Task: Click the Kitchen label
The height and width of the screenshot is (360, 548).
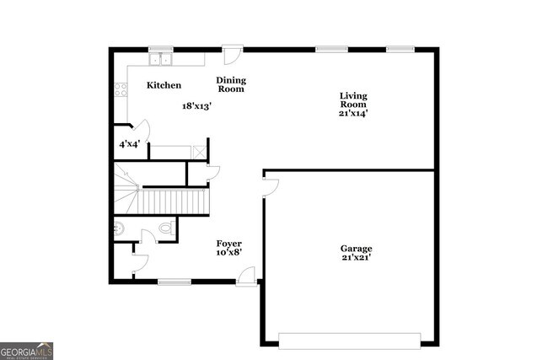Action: point(164,85)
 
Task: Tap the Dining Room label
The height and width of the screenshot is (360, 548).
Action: point(232,84)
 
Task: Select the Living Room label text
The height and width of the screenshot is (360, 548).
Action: point(353,99)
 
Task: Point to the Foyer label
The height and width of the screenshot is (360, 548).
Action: point(229,244)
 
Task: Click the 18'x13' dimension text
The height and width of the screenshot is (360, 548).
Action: point(196,106)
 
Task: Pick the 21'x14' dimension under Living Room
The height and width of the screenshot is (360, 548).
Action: point(353,112)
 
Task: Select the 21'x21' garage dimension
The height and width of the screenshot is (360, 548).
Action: point(356,258)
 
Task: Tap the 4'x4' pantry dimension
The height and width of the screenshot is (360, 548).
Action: point(129,144)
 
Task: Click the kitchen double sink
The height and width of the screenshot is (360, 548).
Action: point(160,59)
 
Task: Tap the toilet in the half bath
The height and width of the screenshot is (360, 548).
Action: point(165,228)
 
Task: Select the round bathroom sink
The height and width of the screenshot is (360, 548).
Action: point(119,228)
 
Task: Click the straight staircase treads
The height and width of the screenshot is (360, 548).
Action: point(173,201)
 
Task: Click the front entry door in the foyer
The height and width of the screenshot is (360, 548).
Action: point(246,276)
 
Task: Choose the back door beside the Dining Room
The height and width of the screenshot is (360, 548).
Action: point(233,53)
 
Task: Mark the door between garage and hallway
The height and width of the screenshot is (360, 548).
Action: point(271,186)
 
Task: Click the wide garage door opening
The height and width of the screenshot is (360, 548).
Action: point(349,341)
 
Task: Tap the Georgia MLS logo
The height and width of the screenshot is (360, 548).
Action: point(27,351)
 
